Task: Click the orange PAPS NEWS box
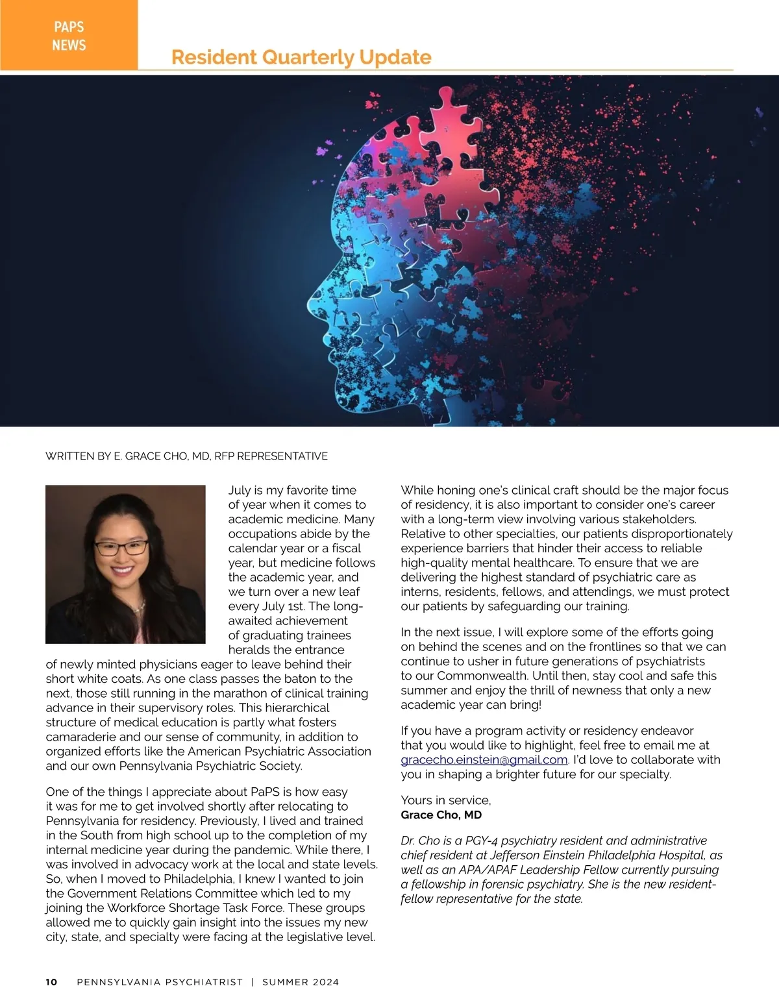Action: click(69, 35)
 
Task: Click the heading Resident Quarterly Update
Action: click(301, 57)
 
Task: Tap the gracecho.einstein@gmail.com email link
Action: click(484, 760)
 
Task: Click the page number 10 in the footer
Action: click(51, 982)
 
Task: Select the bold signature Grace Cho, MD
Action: click(441, 815)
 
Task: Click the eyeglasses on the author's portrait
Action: click(121, 547)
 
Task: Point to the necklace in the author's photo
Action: click(138, 606)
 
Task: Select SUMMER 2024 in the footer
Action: click(301, 982)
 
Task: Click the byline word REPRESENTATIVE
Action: click(282, 456)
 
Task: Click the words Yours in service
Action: click(445, 800)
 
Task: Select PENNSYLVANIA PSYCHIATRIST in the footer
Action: click(160, 982)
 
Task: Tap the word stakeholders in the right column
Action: click(660, 519)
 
